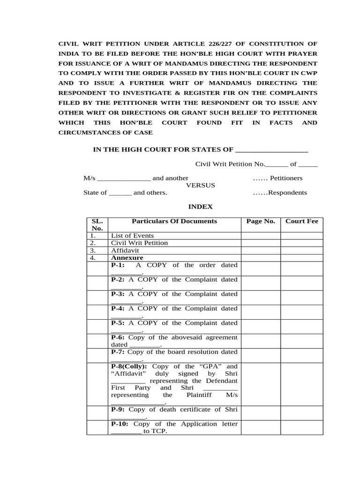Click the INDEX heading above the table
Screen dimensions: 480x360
201,206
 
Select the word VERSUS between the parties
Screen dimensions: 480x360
201,185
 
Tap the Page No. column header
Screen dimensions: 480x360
261,221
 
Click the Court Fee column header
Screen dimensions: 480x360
301,221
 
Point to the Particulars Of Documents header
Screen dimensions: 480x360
174,221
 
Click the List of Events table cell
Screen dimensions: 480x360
132,236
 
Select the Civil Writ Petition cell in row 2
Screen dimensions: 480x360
139,243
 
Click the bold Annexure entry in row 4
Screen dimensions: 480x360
127,258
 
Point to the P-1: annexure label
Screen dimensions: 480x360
118,265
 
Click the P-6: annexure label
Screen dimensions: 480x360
118,337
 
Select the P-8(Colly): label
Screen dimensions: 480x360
129,367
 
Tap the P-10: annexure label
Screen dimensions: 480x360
120,424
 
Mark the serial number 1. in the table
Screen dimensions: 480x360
93,236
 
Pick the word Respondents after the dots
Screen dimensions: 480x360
288,193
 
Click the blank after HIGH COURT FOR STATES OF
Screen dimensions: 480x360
271,150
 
